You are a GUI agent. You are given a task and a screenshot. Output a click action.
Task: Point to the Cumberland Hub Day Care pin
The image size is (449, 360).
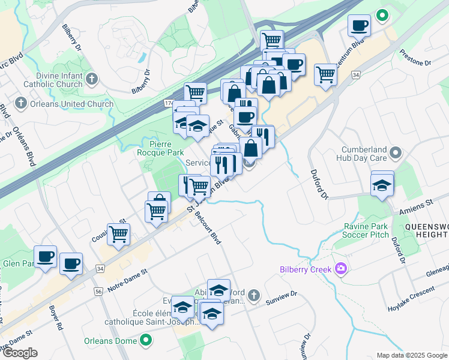tap(395, 154)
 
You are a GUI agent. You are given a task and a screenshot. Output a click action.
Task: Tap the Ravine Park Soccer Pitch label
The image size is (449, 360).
tap(367, 230)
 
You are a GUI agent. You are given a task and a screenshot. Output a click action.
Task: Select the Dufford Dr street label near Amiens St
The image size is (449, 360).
tap(399, 251)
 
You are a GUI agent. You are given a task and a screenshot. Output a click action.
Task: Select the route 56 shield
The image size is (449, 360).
tap(98, 290)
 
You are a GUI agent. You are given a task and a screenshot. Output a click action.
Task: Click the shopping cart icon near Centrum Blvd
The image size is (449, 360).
tap(325, 74)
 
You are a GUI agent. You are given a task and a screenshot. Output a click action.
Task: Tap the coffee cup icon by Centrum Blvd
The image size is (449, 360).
tap(359, 25)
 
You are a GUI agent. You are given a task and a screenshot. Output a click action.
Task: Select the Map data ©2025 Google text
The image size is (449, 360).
tap(412, 355)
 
